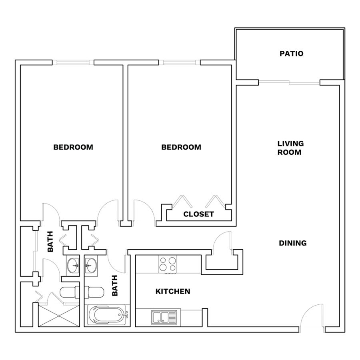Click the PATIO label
(x=291, y=54)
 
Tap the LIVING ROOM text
(x=290, y=148)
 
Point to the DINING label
(x=293, y=243)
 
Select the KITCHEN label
(x=173, y=291)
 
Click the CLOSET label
(x=198, y=214)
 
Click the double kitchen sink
(x=164, y=317)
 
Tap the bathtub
(x=107, y=315)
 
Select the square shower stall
(x=59, y=316)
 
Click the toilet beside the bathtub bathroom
(x=94, y=292)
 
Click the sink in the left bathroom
(x=73, y=266)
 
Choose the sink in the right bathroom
(x=91, y=266)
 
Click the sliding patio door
(x=289, y=82)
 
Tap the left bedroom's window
(x=73, y=62)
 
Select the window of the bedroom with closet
(x=180, y=62)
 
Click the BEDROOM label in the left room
(x=73, y=147)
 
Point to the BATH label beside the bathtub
(x=115, y=285)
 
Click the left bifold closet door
(x=182, y=201)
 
